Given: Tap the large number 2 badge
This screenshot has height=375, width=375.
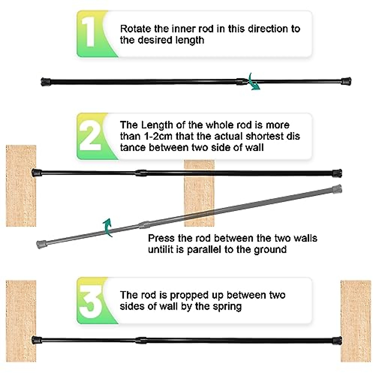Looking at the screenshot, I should click(90, 136).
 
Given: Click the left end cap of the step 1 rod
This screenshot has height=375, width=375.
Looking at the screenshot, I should click(46, 82).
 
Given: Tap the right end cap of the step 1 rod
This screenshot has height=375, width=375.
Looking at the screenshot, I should click(346, 81).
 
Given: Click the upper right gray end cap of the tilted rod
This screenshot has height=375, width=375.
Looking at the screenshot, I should click(337, 189).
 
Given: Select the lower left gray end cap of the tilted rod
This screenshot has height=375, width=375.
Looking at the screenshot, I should click(41, 244).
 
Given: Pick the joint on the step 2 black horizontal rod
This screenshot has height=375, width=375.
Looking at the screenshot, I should click(141, 172).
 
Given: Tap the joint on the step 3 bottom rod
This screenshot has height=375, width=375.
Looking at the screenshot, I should click(141, 340).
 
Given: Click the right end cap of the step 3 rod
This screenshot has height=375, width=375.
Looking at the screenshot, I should click(337, 340).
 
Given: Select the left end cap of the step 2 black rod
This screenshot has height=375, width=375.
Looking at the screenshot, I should click(37, 172).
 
